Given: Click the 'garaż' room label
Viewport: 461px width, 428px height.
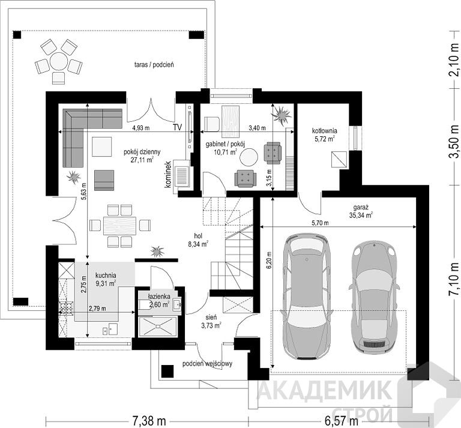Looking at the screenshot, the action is (x=360, y=206).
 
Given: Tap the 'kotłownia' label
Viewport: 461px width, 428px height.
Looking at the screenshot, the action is (x=324, y=131).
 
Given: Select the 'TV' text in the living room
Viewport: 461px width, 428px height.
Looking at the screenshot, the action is (x=177, y=127).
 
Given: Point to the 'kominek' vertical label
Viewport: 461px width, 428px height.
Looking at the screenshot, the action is (x=168, y=174).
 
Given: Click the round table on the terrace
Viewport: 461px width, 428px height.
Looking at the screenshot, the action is (x=59, y=61).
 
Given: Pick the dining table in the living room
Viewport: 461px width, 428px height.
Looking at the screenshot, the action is (x=119, y=226).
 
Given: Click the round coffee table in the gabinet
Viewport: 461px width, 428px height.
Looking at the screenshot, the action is (x=249, y=157).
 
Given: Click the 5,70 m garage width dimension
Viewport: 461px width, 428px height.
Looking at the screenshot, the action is (x=321, y=223).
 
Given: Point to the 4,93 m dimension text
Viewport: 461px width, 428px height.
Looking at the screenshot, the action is (x=141, y=128).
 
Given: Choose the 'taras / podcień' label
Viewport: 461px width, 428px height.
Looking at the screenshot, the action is (x=154, y=65).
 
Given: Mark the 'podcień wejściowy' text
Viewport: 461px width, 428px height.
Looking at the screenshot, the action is (x=207, y=364).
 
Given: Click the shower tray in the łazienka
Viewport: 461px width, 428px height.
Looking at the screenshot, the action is (x=158, y=326).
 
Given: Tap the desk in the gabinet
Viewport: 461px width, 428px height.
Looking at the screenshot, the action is (x=230, y=121).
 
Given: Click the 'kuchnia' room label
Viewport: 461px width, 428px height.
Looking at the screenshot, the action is (x=106, y=276).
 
